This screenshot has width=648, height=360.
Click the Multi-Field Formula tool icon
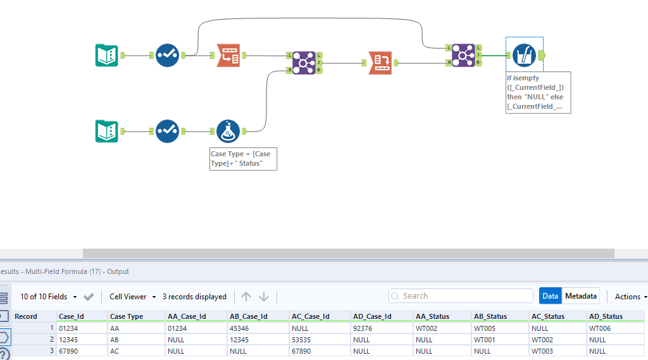(x=524, y=56)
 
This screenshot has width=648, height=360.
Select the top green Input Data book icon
(x=106, y=56)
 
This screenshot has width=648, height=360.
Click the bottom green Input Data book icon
(x=106, y=131)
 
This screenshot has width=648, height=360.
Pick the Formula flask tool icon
(x=228, y=131)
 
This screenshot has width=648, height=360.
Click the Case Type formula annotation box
(x=244, y=159)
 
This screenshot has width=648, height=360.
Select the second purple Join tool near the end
(x=463, y=56)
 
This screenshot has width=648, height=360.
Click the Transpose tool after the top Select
(x=228, y=56)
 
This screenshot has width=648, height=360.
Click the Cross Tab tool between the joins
(x=380, y=63)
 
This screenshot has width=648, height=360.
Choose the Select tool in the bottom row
(x=167, y=131)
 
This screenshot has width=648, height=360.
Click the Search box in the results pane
(x=461, y=295)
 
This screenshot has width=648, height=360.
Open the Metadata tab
(x=580, y=295)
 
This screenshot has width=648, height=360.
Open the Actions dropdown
(x=630, y=296)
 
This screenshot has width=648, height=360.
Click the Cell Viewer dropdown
(x=132, y=296)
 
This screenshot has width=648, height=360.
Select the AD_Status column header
(x=606, y=316)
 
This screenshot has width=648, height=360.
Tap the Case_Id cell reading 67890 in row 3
(x=69, y=351)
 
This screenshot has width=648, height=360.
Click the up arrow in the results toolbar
(x=246, y=296)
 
